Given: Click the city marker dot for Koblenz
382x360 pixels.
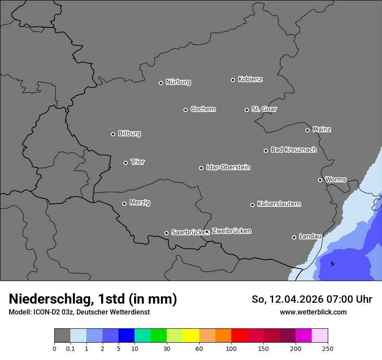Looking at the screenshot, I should (x=233, y=80).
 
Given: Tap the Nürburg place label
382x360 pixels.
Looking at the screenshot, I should (x=178, y=82).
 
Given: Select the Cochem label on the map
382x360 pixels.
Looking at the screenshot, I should (x=203, y=109).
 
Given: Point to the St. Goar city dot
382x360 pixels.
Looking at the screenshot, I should (x=247, y=110).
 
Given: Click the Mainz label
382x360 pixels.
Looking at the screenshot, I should (x=322, y=130).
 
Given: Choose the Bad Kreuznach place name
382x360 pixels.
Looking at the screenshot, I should (x=293, y=150).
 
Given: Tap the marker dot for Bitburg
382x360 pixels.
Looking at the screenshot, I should (x=113, y=134).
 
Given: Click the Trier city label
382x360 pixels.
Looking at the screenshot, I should (x=138, y=162).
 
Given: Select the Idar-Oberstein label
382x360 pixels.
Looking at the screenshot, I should (x=228, y=167).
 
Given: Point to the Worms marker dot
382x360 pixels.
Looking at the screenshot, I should (x=320, y=180).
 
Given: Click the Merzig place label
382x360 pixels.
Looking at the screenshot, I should (x=140, y=203).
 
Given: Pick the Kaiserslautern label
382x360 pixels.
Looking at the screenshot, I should (x=279, y=204).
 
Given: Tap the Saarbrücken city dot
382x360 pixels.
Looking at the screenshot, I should (x=166, y=233).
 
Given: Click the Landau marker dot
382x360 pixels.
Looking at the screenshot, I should (x=294, y=237).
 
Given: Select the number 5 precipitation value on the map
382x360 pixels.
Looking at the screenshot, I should (x=332, y=264).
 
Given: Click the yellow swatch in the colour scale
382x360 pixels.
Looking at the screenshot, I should (x=191, y=336).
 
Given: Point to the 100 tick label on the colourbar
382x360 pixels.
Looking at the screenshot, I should (x=231, y=349).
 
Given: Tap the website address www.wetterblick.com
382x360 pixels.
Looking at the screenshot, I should (x=313, y=312).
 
